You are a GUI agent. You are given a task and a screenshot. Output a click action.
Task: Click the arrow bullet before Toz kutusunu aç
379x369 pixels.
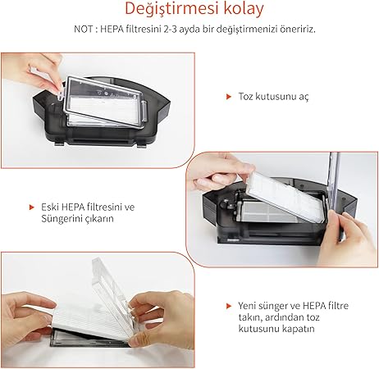[x=228, y=96]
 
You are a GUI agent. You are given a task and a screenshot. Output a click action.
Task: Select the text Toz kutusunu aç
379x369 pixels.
[x=273, y=96]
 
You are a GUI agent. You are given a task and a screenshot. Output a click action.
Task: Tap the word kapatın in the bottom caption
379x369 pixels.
[x=296, y=329]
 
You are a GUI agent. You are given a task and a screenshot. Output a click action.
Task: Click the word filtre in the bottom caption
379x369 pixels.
[x=332, y=304]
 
